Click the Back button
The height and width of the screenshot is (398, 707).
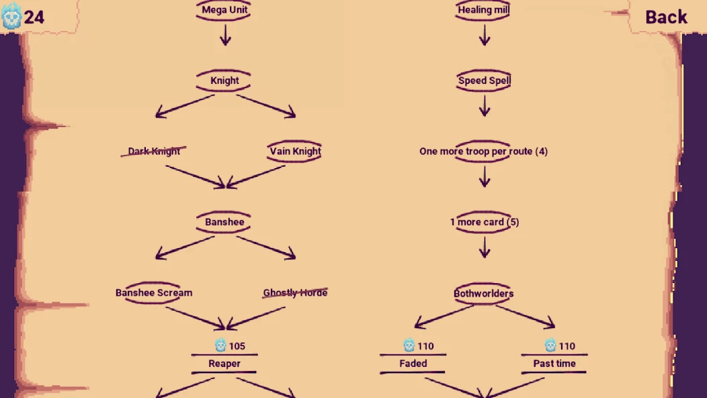click(x=666, y=17)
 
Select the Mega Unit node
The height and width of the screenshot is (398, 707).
click(x=224, y=10)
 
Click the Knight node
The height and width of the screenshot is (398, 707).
click(x=224, y=80)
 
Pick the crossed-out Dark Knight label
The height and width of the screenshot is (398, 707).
click(x=154, y=151)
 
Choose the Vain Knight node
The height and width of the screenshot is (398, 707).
click(x=295, y=151)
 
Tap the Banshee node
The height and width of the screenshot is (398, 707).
click(x=224, y=222)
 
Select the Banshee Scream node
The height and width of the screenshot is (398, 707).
click(x=154, y=292)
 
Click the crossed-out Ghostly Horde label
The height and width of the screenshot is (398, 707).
click(x=295, y=293)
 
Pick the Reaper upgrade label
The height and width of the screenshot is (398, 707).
click(x=224, y=364)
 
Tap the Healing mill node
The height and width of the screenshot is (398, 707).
click(x=483, y=10)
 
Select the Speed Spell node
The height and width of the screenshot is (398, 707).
click(x=484, y=80)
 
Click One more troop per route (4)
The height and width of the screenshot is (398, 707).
click(x=483, y=151)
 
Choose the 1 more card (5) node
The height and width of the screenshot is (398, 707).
click(x=485, y=222)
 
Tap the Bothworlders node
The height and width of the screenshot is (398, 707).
click(x=483, y=293)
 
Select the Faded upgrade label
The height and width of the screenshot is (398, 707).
click(x=413, y=364)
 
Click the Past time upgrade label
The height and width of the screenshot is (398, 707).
click(x=554, y=364)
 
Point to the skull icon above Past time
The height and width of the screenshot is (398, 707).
click(x=550, y=345)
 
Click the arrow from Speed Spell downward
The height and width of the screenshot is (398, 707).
click(x=485, y=106)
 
